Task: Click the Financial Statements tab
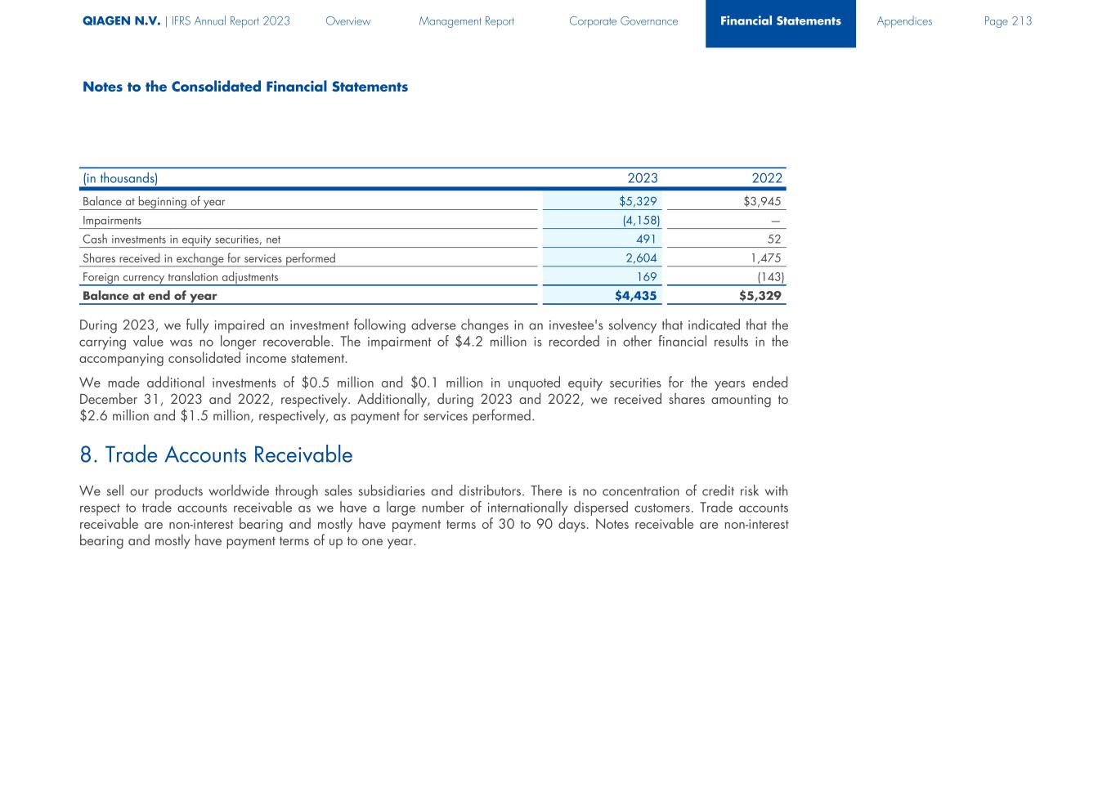[780, 21]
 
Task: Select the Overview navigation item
[347, 21]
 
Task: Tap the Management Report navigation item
[466, 21]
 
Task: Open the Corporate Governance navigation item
[623, 21]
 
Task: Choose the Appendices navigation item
[903, 21]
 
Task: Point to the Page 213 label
[1007, 21]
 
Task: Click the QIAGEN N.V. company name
[121, 21]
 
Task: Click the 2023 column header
[642, 178]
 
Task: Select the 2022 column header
[767, 178]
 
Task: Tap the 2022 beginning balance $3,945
[762, 201]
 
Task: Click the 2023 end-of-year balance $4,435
[635, 296]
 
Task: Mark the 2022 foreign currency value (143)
[770, 277]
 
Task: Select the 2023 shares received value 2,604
[641, 258]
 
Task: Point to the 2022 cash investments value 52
[774, 240]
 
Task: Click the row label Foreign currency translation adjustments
[180, 277]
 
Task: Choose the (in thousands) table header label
[120, 178]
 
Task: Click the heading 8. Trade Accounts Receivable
[216, 455]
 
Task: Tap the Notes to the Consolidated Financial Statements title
[244, 87]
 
